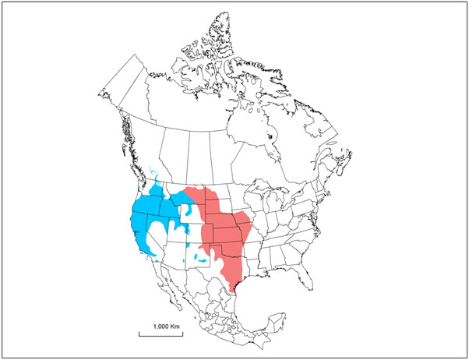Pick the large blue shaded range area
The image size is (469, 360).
coord(152,214)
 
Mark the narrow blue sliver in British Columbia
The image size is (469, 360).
coord(150,176)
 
